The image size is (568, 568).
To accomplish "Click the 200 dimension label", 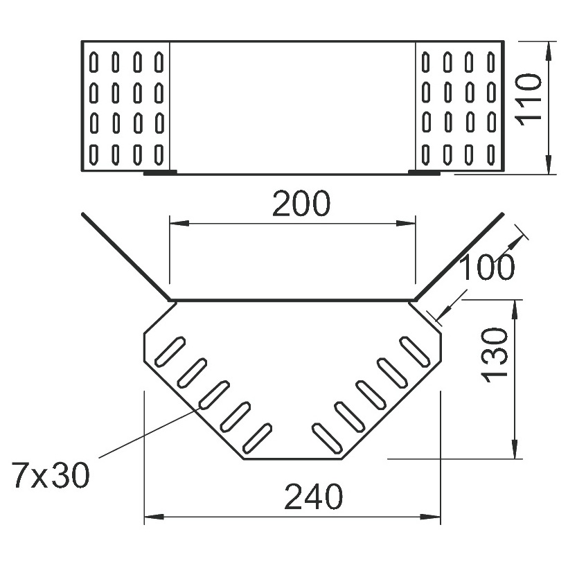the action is pos(301,203).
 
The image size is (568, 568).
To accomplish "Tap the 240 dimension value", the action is pos(313,496).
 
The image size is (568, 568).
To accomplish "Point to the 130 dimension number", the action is pos(494,355).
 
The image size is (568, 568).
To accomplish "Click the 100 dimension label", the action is pos(487,267).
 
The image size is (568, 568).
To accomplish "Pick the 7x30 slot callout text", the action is pos(51,475).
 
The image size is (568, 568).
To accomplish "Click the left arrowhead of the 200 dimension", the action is pos(179,223).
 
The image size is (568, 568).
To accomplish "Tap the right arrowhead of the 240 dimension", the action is pos(431,517).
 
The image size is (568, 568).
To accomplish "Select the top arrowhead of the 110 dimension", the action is pos(549,51).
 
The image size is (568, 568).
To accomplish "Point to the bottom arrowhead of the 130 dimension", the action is pos(515,449).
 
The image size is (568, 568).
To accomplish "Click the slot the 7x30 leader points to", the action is pos(214,396).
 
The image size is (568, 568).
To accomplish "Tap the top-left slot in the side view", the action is pos(94,62).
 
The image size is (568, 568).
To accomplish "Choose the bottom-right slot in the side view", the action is pos(491,154).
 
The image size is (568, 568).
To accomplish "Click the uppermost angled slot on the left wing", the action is pos(170,351).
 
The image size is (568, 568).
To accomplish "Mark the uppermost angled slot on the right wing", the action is pos(415,351).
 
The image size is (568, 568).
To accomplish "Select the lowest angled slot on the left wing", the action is pos(257,438).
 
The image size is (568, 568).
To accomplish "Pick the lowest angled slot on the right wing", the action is pos(327,438).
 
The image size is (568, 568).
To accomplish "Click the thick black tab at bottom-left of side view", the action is pos(160,172).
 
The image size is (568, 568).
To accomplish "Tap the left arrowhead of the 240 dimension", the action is pos(154,517).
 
